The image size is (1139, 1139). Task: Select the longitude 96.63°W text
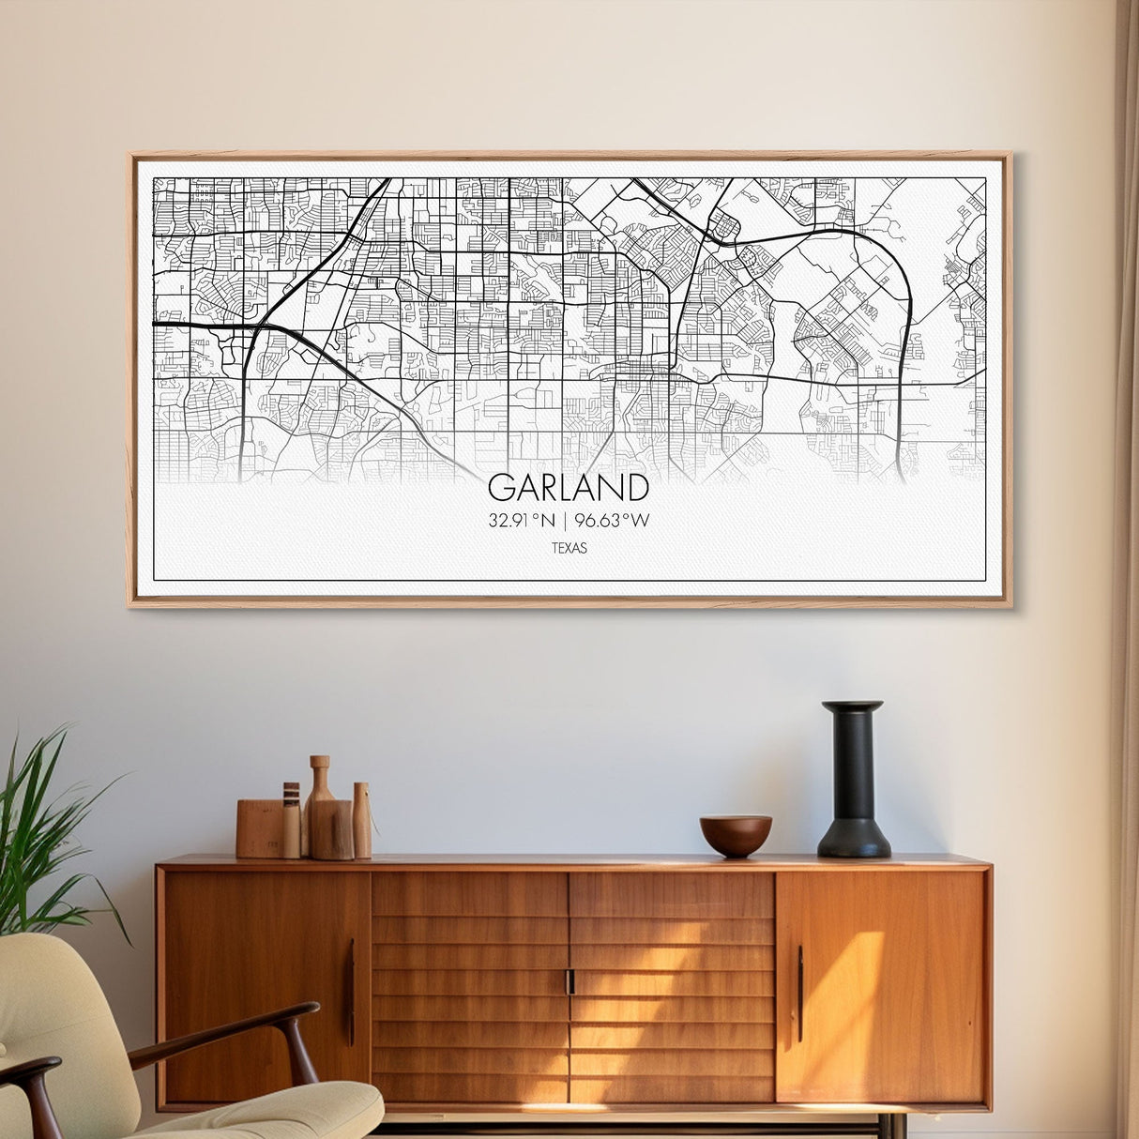tap(613, 520)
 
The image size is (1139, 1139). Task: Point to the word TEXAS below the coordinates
tap(569, 548)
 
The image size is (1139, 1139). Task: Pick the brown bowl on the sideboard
tap(736, 834)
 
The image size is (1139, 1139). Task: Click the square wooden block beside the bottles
tap(259, 828)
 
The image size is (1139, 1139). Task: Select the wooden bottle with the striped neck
tap(292, 820)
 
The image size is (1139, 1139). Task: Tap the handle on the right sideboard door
tap(799, 993)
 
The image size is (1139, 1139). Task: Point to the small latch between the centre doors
tap(569, 981)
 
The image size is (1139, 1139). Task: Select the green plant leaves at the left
tap(38, 826)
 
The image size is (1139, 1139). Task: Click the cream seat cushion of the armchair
tap(281, 1112)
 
